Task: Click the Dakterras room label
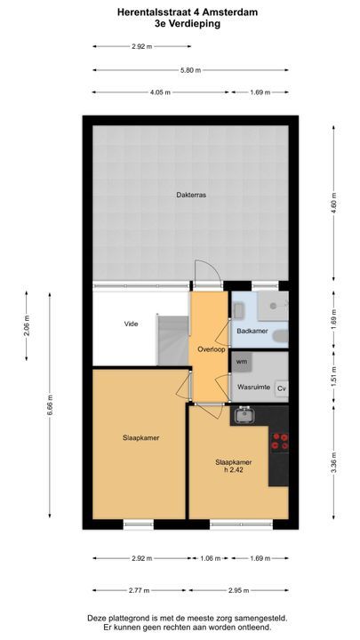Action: point(191,195)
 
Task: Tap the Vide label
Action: point(131,324)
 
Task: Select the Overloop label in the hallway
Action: point(212,349)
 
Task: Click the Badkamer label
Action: point(252,331)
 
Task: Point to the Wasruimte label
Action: point(254,387)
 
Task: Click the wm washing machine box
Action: point(242,362)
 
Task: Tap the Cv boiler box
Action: point(282,388)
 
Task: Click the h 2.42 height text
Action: point(233,470)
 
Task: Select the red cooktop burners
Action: point(280,442)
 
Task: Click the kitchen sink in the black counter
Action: point(244,415)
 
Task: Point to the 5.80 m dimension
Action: point(190,70)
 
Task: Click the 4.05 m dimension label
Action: point(160,92)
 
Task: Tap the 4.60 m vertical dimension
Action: point(334,203)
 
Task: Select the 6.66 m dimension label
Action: point(50,404)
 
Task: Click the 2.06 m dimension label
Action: point(27,325)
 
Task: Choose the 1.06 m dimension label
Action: point(211,558)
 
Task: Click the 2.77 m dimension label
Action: point(140,590)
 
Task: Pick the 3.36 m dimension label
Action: point(334,463)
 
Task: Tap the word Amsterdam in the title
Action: point(234,12)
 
